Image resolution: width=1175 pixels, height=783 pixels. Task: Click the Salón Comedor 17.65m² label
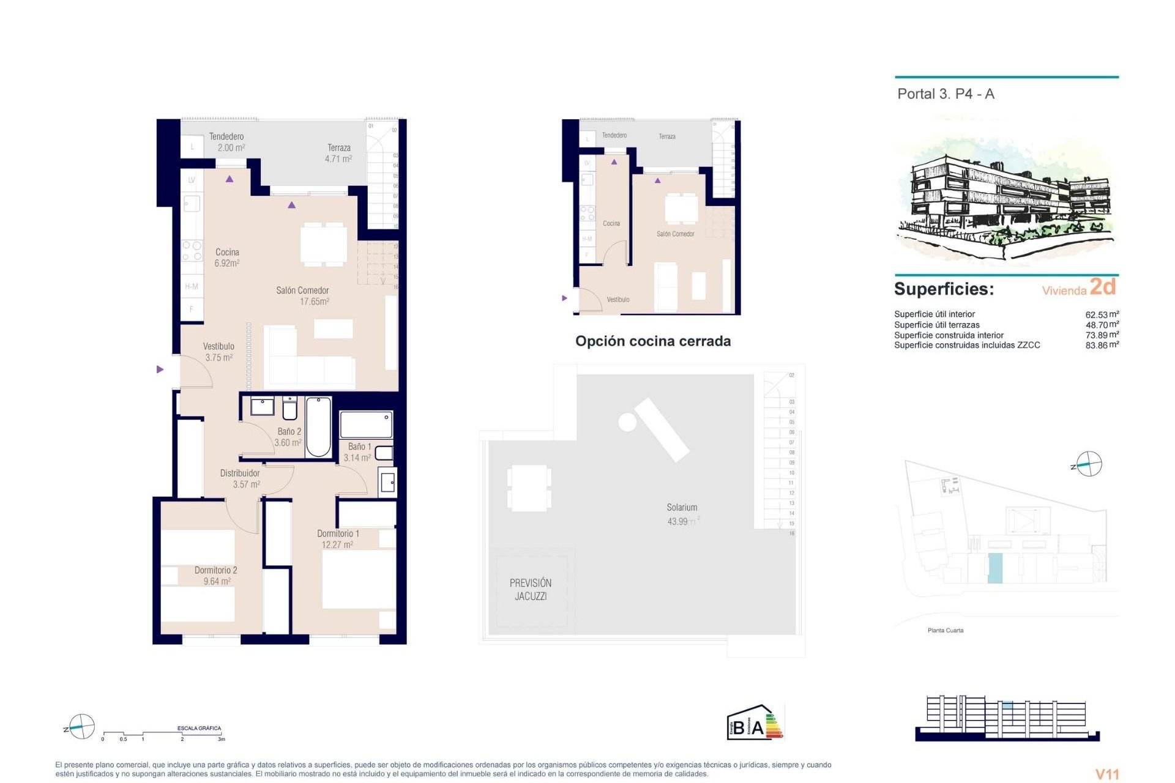[303, 295]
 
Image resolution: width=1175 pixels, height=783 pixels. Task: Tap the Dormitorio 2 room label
[215, 575]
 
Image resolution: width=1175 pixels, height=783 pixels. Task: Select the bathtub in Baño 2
[318, 427]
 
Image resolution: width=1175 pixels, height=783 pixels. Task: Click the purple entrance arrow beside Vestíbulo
[160, 369]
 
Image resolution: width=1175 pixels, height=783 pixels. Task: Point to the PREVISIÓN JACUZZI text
[531, 590]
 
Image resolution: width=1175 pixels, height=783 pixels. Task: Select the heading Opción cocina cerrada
[652, 341]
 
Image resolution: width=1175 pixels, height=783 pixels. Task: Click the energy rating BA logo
[755, 723]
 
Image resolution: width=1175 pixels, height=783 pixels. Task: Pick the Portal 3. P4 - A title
[946, 94]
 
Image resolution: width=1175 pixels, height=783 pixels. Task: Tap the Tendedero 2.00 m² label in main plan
[227, 142]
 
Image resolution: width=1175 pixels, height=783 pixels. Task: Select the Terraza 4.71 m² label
[338, 153]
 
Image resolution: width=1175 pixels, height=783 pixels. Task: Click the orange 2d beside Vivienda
[1103, 286]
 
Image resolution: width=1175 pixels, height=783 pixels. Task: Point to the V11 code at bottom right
[1106, 774]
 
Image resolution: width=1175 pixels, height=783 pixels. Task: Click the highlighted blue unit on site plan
[995, 568]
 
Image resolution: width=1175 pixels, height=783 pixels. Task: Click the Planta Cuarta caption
[946, 630]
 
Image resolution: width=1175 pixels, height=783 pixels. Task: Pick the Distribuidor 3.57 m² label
[240, 478]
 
